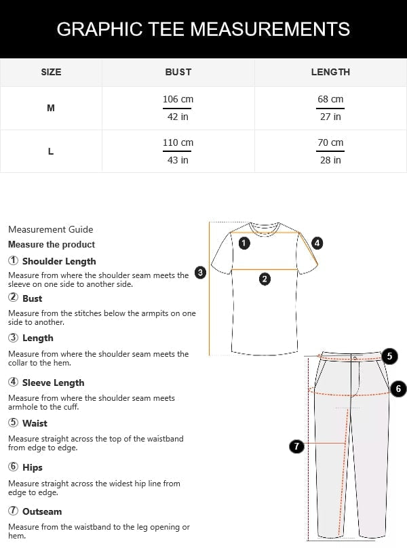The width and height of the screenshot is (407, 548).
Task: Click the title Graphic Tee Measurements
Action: (x=203, y=29)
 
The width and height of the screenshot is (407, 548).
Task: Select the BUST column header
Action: (x=178, y=72)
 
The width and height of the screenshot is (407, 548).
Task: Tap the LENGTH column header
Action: (x=330, y=72)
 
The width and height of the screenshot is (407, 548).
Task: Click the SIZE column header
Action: (x=51, y=72)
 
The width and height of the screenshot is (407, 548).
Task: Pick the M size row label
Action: (x=51, y=108)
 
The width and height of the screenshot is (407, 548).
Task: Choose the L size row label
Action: (x=51, y=151)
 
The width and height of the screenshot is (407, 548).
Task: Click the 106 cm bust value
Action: (x=178, y=100)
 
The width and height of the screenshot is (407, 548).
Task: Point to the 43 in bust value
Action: (x=178, y=160)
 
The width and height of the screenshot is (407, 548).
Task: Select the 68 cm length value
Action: (x=330, y=100)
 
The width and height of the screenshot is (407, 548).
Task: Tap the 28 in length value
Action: (x=330, y=160)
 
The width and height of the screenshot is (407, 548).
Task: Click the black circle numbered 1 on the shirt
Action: (x=245, y=243)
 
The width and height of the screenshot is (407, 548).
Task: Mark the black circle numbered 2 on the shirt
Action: (x=265, y=278)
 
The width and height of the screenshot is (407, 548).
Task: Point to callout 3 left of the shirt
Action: (x=200, y=273)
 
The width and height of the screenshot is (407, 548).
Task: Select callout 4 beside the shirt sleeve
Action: (x=317, y=243)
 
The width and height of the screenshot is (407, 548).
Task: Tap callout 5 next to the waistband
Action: (x=389, y=355)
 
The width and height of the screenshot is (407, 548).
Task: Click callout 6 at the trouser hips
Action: (x=398, y=389)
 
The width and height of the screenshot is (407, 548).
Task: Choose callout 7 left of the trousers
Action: (x=296, y=446)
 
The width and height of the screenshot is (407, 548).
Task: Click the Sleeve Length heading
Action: (x=53, y=383)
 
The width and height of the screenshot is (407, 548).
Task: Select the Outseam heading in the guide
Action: (x=41, y=511)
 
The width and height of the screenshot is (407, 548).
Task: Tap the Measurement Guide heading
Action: (x=51, y=229)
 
